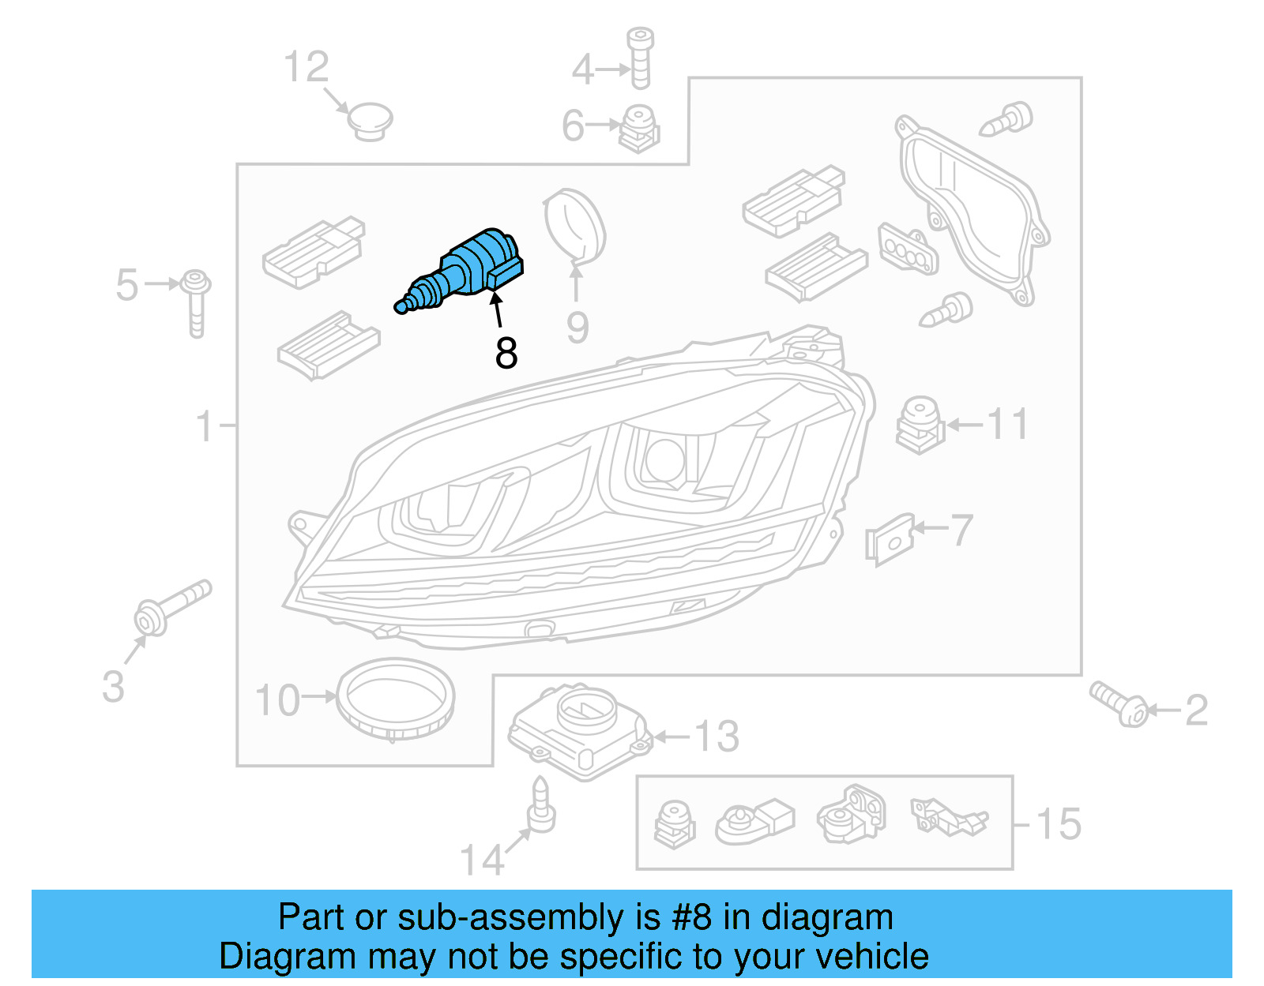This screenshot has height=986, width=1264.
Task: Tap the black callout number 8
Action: (506, 353)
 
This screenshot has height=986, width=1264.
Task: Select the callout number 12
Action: (307, 67)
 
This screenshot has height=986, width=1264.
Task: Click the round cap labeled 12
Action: (370, 121)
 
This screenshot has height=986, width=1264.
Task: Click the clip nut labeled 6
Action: (639, 128)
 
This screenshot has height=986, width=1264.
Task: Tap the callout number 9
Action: (577, 328)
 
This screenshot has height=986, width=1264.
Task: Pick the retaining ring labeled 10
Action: (395, 699)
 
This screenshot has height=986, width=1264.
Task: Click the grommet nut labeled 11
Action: (920, 425)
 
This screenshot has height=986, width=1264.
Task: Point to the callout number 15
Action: (1058, 824)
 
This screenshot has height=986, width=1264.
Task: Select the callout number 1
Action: (205, 426)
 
